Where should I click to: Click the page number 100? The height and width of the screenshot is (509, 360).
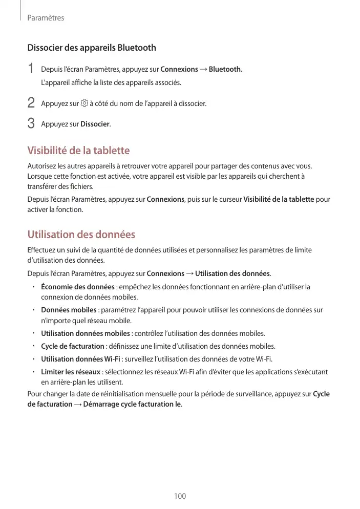coord(180,496)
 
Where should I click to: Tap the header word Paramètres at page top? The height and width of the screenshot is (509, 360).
coord(46,18)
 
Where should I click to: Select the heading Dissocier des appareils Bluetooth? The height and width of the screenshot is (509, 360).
coord(92,48)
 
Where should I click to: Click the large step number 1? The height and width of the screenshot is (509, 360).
coord(31,69)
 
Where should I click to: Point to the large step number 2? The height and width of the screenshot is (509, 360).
coord(31,103)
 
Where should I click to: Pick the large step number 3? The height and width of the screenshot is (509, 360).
coord(31,124)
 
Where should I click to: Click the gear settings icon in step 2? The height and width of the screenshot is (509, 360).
coord(84,103)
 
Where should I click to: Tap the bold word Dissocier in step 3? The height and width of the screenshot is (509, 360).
coord(95,124)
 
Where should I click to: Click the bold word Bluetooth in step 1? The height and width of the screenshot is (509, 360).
coord(225,69)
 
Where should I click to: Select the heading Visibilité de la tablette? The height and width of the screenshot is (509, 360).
coord(78,151)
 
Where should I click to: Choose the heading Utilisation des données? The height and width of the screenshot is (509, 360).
coord(81,235)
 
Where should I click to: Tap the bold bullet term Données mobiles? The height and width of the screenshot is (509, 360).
coord(69,310)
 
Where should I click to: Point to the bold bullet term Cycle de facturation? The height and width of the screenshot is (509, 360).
coord(73,346)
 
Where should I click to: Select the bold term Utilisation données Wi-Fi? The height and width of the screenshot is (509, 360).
coord(80,358)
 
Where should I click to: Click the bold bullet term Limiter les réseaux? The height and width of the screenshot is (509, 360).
coord(71,371)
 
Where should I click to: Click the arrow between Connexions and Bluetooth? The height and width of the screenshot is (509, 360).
coord(203,69)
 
